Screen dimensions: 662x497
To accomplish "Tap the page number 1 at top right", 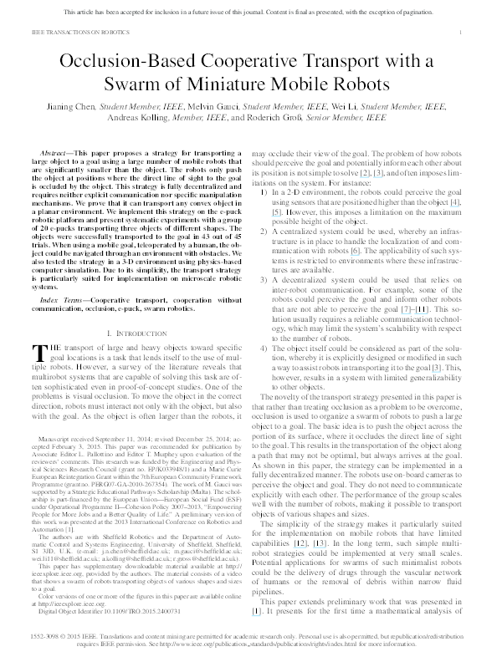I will [x=463, y=31].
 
